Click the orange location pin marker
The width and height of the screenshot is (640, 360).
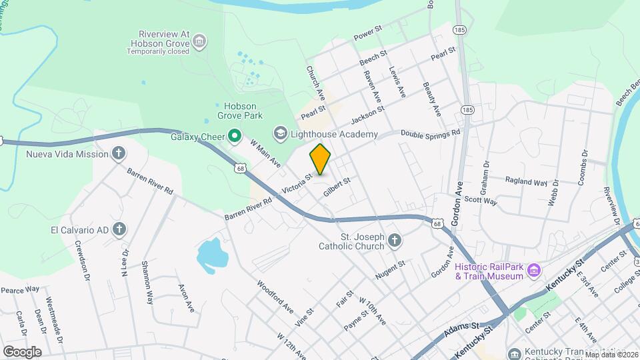(x=320, y=160)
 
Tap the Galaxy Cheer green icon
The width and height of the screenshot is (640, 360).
(x=234, y=137)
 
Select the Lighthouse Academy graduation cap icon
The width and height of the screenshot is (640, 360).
(x=279, y=134)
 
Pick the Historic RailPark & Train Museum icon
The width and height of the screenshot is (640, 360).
(x=533, y=271)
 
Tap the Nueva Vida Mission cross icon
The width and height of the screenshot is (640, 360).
(x=119, y=154)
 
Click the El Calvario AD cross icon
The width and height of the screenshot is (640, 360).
(x=119, y=230)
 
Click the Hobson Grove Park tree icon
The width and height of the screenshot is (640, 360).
(x=218, y=107)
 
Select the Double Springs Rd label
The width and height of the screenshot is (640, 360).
(x=431, y=133)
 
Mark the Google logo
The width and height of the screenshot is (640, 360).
(x=21, y=351)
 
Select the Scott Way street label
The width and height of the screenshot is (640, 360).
(x=481, y=201)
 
